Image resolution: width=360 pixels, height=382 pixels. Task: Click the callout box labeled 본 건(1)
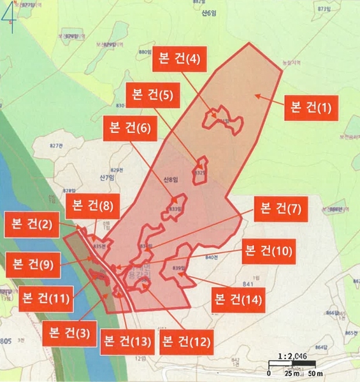[x=312, y=106]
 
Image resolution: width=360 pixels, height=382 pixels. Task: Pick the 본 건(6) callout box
[x=127, y=128]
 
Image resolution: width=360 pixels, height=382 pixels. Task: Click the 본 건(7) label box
[x=280, y=208]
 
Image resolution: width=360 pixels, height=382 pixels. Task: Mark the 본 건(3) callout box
[x=66, y=332]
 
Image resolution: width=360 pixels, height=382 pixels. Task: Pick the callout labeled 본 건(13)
[x=126, y=343]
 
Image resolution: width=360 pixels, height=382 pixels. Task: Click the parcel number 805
[x=6, y=342]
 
